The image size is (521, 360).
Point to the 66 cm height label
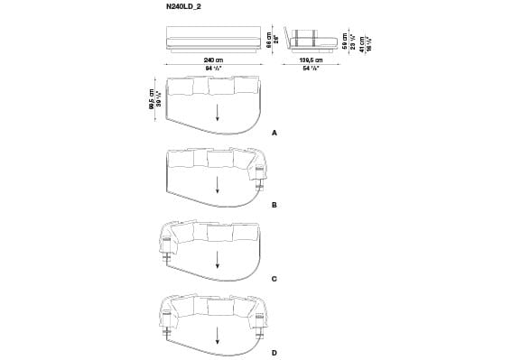(x=268, y=40)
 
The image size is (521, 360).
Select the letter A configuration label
(x=274, y=133)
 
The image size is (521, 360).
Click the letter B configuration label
(x=274, y=206)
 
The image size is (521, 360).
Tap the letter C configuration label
(x=274, y=280)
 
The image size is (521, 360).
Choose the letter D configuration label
(x=274, y=352)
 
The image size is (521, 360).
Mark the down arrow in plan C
(x=217, y=260)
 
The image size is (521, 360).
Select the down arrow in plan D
(x=217, y=333)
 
